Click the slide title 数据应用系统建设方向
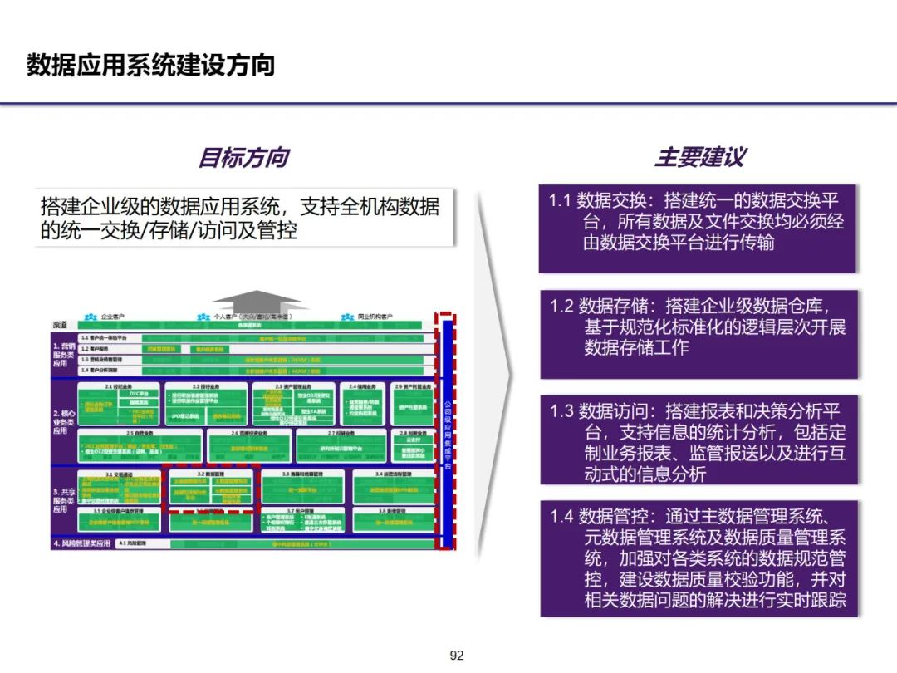click(x=150, y=65)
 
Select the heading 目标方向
click(x=243, y=157)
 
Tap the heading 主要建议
click(x=700, y=157)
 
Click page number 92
click(x=456, y=656)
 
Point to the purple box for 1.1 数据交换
click(x=698, y=226)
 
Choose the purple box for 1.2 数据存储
click(x=698, y=332)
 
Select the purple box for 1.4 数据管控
click(x=698, y=557)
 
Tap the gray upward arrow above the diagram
click(x=257, y=301)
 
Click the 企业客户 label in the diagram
click(x=112, y=317)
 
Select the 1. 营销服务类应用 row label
click(x=62, y=354)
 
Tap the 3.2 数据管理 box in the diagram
click(x=212, y=490)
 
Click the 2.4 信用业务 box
click(x=363, y=404)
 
